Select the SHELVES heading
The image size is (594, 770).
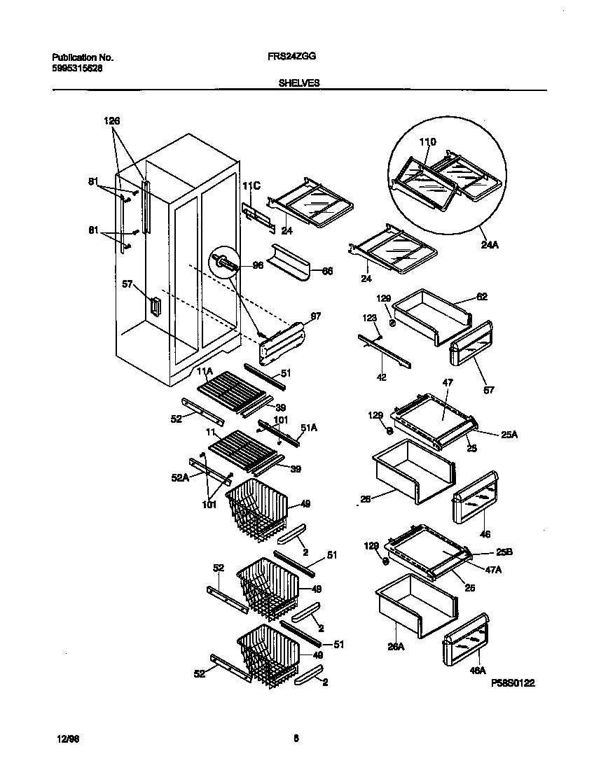(299, 83)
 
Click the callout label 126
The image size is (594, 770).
(112, 121)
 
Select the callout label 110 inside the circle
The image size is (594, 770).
(427, 142)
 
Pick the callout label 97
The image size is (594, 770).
(316, 316)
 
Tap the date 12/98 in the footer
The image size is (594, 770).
(66, 738)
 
